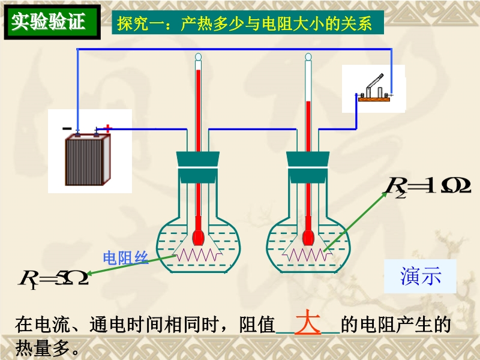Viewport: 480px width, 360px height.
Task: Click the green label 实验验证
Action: coord(52,22)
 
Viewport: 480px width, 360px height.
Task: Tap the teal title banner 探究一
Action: coord(248,22)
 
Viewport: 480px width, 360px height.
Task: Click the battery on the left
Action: coord(88,158)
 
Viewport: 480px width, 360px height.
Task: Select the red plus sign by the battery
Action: coord(107,128)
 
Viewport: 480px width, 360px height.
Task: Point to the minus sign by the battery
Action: coord(67,128)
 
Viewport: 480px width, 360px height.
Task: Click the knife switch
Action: coord(374,89)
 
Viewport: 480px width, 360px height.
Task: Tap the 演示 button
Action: coord(421,276)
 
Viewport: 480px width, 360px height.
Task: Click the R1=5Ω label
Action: coord(53,278)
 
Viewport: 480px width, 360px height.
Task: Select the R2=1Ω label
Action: coord(427,186)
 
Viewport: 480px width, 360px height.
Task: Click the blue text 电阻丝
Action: coord(126,258)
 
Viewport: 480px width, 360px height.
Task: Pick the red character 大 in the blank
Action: coord(308,322)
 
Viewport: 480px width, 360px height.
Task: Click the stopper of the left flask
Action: coord(198,167)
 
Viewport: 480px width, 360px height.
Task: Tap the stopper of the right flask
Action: coord(308,167)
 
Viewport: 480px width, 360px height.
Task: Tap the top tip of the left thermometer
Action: coord(199,53)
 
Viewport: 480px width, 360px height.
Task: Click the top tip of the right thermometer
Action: coord(308,53)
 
